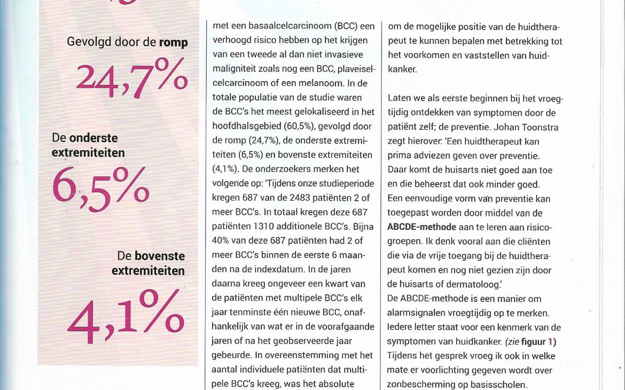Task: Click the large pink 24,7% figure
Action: pos(131,77)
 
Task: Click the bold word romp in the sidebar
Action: pos(173,42)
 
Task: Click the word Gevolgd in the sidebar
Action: pos(89,42)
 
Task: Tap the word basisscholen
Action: pos(496,384)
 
